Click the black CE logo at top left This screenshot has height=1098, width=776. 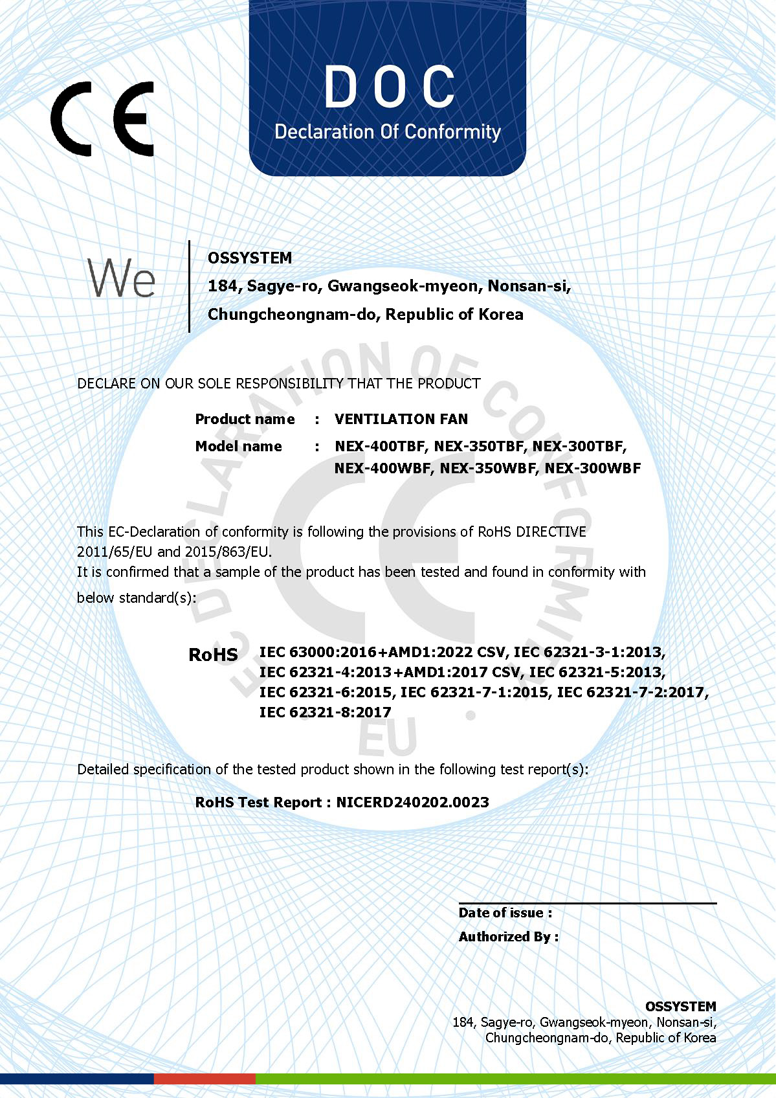[x=102, y=119]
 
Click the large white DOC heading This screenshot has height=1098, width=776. [x=389, y=87]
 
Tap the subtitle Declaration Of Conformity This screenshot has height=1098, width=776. [x=388, y=132]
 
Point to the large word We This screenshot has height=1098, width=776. [x=122, y=278]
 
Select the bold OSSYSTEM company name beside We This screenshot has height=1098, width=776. [x=250, y=258]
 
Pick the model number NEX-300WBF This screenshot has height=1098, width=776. [x=592, y=468]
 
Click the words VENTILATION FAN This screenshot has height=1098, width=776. [x=401, y=419]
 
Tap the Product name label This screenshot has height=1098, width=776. [x=245, y=419]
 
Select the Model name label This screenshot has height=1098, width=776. [x=238, y=446]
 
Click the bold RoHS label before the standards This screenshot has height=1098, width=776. [x=213, y=655]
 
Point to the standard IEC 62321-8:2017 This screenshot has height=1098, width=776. [x=325, y=712]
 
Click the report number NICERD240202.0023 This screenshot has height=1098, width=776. [x=412, y=802]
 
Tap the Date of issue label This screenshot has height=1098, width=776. [x=505, y=913]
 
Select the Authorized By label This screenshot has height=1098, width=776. [x=508, y=937]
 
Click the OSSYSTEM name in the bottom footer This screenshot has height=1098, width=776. [x=680, y=1006]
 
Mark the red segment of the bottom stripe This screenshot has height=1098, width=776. [x=205, y=1079]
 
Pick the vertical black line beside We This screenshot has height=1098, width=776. [x=189, y=286]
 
